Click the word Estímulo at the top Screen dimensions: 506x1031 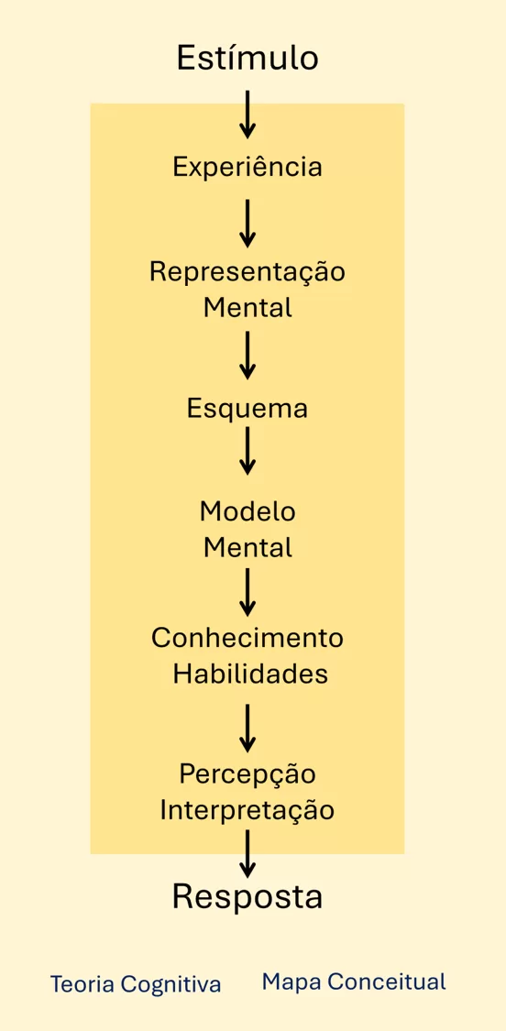tap(247, 58)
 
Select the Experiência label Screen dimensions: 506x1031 tap(247, 167)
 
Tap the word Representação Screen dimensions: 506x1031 tap(247, 272)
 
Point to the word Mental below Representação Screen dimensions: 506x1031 tap(247, 308)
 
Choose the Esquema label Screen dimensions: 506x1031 tap(247, 409)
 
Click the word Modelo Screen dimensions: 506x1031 tap(247, 511)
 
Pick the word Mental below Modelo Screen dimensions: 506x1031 tap(247, 548)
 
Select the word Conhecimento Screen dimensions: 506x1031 tap(247, 638)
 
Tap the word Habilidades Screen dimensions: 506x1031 tap(250, 674)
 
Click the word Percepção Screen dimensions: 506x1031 tap(247, 775)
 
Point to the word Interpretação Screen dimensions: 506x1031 tap(247, 810)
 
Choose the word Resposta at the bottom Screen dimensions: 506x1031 tap(247, 897)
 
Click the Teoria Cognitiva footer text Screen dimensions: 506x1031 tap(136, 984)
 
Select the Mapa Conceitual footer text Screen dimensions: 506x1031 tap(354, 982)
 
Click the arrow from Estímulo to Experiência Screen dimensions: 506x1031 tap(247, 115)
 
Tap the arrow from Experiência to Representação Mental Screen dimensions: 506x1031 tap(247, 223)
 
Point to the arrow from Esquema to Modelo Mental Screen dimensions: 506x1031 tap(247, 451)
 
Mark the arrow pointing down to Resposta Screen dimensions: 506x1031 tap(247, 853)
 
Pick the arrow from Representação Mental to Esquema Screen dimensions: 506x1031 tap(247, 355)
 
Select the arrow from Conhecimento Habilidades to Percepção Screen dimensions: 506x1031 tap(247, 728)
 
